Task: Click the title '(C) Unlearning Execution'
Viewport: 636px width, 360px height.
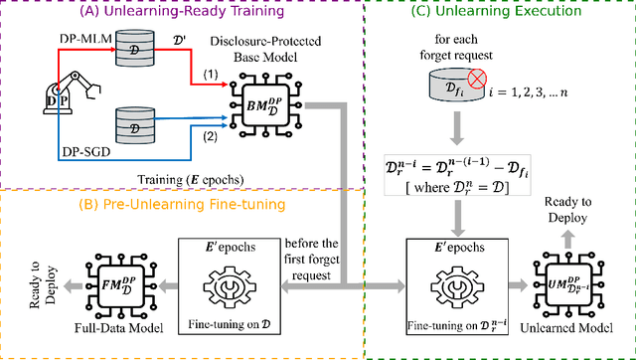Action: point(503,12)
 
